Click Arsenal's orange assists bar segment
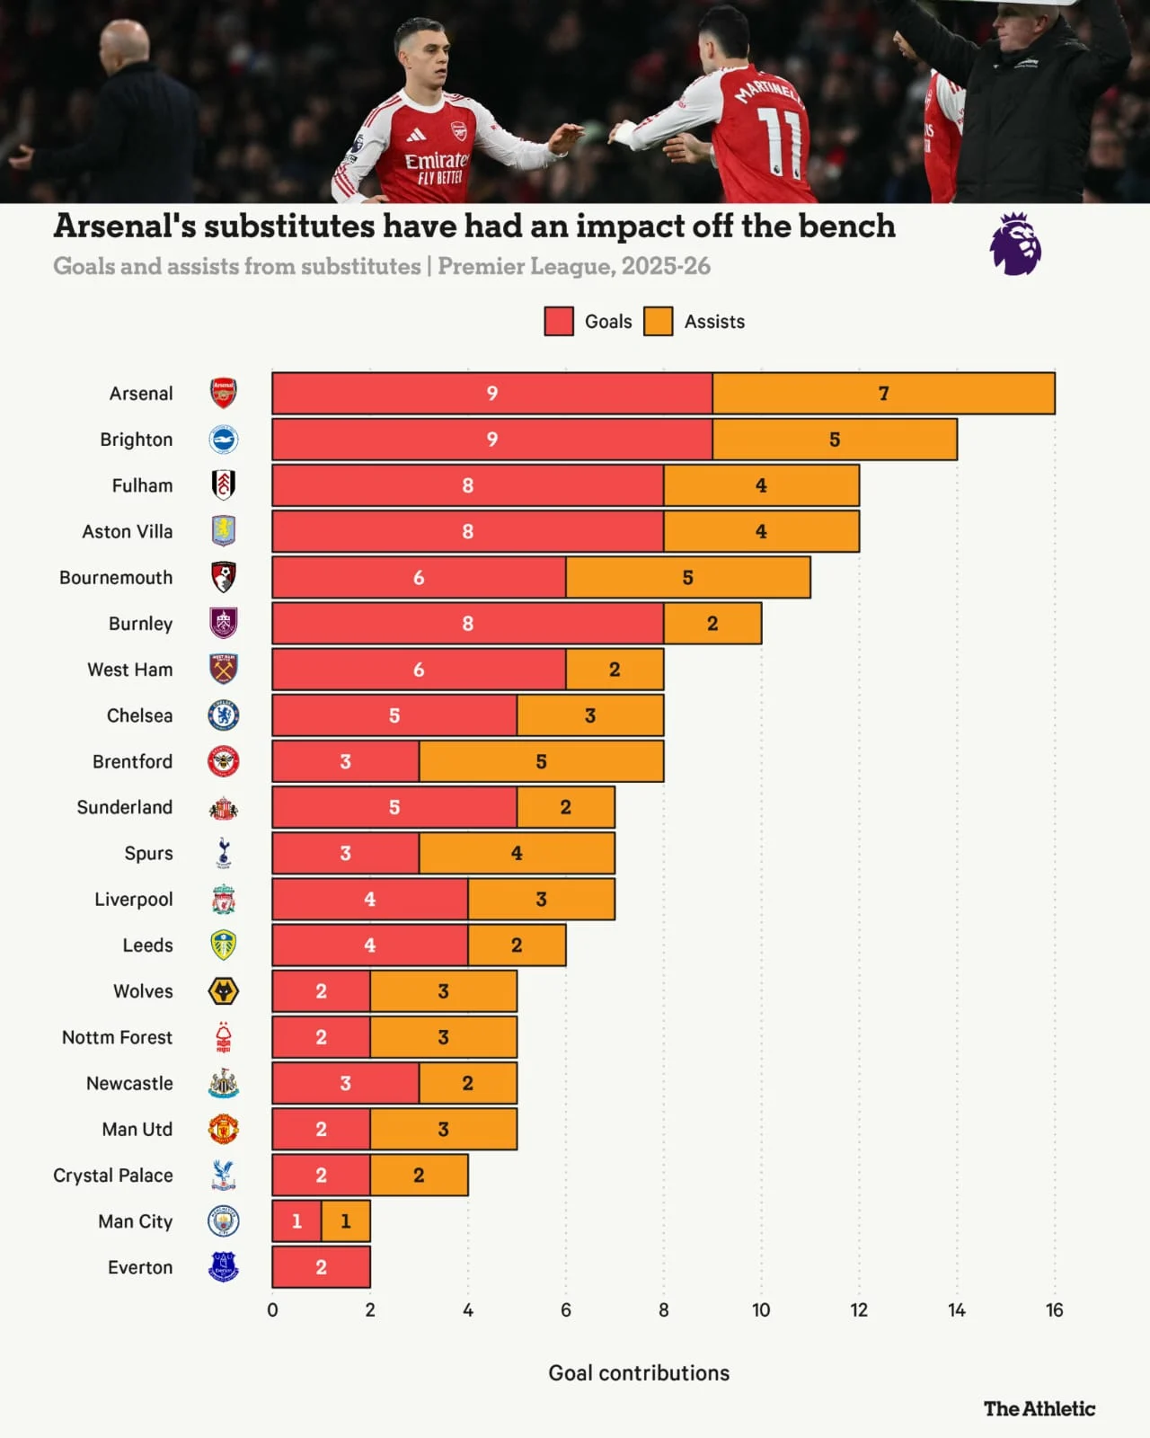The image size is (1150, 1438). coord(883,394)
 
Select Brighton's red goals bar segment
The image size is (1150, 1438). coord(492,439)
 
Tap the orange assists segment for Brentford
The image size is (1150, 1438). coord(541,761)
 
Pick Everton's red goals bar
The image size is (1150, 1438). coord(321,1267)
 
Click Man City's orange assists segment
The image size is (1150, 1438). coord(346,1221)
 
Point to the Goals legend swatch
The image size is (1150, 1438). coord(559,322)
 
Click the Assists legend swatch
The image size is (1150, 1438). coord(659,322)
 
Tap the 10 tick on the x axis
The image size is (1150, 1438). coord(761,1310)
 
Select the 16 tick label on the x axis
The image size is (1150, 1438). coord(1054,1310)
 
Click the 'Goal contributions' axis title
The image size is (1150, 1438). coord(639,1373)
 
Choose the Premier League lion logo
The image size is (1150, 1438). coord(1015,244)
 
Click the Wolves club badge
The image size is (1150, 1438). coord(224,991)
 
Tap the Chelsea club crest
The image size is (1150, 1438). coord(224,715)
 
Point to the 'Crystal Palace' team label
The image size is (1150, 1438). coord(113,1176)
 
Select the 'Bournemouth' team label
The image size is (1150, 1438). coord(116,578)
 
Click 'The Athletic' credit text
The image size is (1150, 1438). coord(1039,1409)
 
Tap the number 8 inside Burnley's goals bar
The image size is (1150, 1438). coord(467,624)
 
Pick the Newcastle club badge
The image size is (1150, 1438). coord(224,1084)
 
